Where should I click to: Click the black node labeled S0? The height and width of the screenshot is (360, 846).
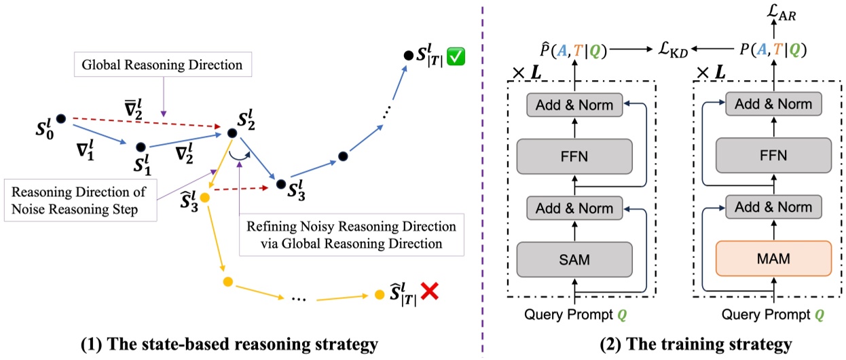(x=60, y=120)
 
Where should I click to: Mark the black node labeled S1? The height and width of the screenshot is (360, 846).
(x=141, y=146)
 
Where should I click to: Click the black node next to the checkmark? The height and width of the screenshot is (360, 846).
(x=408, y=54)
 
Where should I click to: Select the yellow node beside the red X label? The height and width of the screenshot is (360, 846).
(x=378, y=295)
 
